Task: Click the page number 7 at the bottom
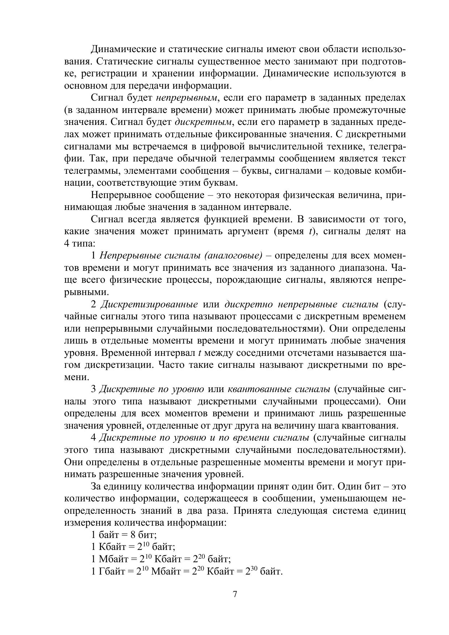(235, 594)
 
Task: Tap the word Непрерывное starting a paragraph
(122, 195)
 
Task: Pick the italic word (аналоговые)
(233, 256)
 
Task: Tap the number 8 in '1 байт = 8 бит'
(133, 535)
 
